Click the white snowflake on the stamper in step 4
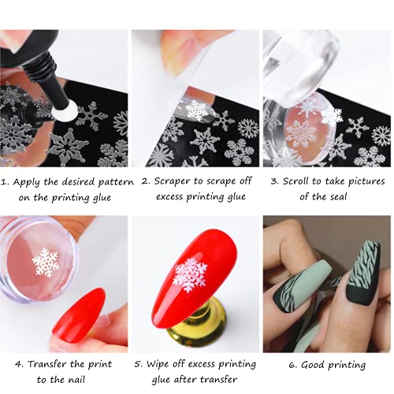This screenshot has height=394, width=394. tap(46, 262)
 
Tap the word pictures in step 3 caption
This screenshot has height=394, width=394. tap(366, 181)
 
